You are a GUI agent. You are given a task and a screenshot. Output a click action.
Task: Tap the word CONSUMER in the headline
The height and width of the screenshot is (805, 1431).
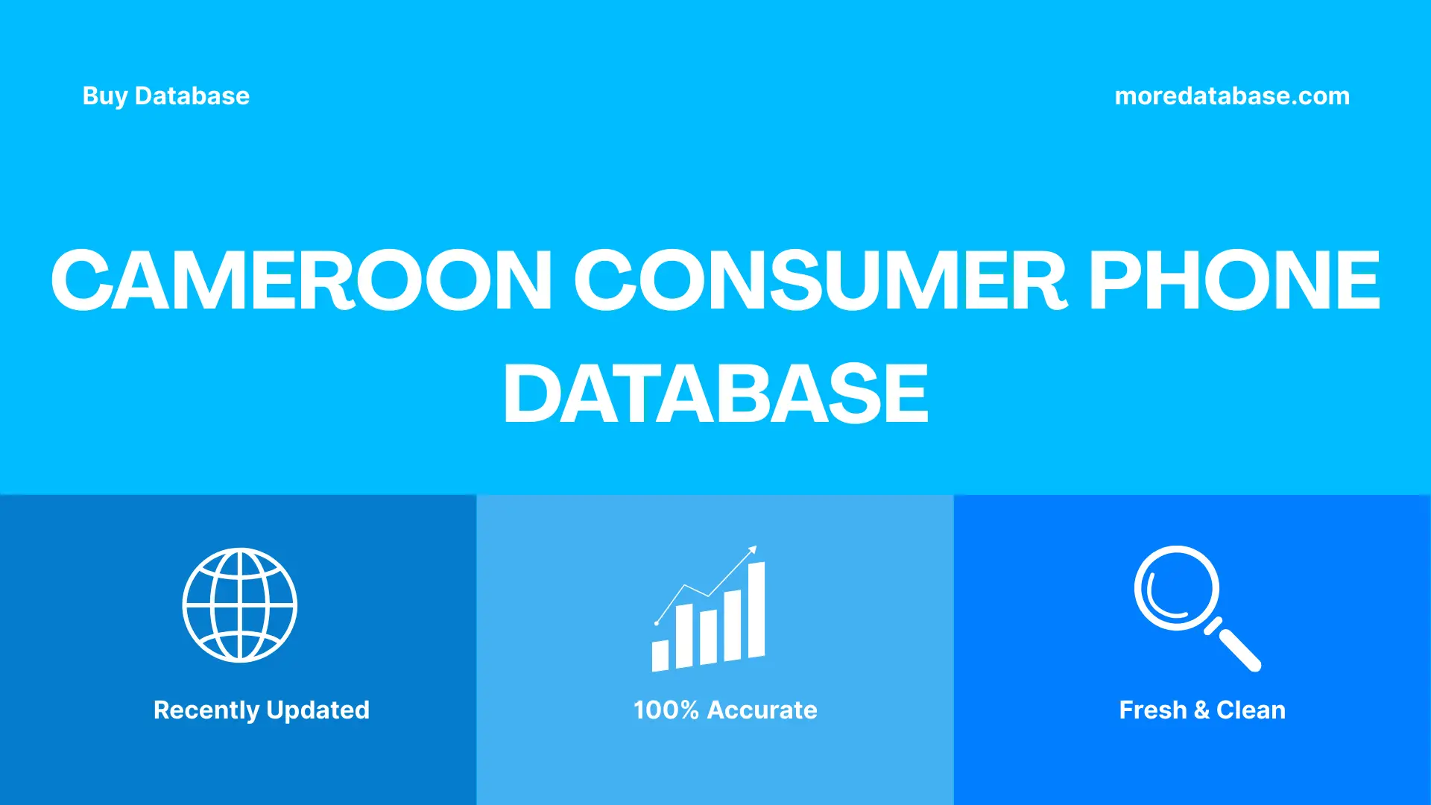(x=821, y=280)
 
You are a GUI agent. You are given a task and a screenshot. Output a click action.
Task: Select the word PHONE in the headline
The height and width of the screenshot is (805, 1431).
(x=1233, y=280)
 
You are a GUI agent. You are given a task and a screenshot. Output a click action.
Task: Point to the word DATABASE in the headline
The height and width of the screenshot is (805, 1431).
(x=715, y=394)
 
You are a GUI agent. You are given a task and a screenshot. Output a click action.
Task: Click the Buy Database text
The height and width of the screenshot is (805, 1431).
(x=165, y=96)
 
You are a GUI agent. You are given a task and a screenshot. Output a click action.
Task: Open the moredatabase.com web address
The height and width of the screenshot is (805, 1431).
(x=1232, y=96)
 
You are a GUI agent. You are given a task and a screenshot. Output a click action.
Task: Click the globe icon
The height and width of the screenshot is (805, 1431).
(x=240, y=605)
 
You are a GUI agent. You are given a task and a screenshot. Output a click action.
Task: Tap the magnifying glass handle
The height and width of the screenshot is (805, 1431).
(x=1238, y=648)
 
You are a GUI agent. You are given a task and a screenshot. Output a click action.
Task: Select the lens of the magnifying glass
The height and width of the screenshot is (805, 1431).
(x=1176, y=588)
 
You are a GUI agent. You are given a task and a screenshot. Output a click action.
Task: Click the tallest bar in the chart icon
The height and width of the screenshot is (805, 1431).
(x=756, y=610)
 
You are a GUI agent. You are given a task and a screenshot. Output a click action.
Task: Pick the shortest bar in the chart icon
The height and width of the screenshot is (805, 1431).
(x=660, y=655)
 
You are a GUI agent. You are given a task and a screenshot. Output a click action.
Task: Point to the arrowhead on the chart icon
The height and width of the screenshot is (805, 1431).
(x=753, y=550)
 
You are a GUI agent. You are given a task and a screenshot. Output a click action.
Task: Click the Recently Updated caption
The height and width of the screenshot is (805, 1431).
(x=261, y=710)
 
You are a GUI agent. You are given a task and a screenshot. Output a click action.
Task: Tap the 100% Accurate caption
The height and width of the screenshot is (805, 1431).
(x=725, y=710)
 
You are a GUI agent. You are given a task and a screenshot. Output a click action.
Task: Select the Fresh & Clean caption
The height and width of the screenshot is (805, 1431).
(x=1202, y=710)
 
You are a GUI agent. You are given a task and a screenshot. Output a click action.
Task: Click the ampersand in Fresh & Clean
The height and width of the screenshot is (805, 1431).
(x=1201, y=710)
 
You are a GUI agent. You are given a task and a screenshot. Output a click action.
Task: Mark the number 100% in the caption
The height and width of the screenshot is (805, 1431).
(x=666, y=710)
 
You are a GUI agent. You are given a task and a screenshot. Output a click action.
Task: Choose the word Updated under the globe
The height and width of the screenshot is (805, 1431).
(x=318, y=710)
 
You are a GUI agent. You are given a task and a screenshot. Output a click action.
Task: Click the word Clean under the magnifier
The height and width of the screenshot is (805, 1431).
(x=1251, y=710)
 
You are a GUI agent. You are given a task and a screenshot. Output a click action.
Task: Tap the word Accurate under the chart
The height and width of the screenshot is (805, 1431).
(x=762, y=710)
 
